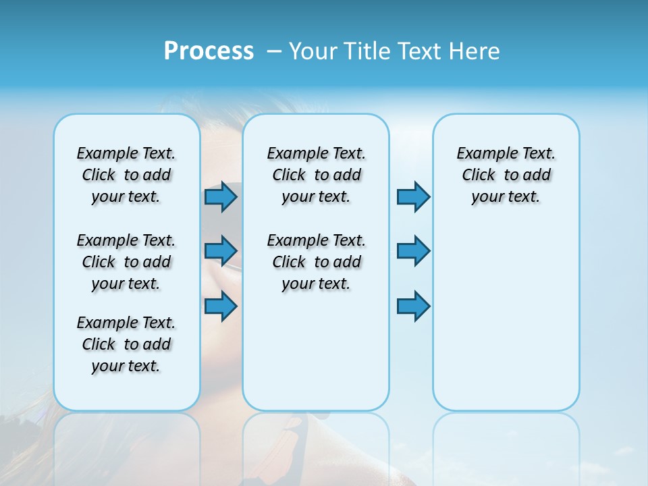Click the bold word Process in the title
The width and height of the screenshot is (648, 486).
209,51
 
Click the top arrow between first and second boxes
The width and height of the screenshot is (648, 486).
221,197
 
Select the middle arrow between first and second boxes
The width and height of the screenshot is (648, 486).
221,251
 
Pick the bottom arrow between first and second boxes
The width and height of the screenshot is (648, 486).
221,306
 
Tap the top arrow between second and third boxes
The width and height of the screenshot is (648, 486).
413,197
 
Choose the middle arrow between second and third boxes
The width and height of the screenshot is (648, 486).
413,251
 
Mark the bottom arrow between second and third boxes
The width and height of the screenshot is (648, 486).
413,306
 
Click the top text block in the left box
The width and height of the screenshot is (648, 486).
126,175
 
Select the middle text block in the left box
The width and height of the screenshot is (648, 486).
126,262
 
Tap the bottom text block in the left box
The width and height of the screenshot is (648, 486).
126,344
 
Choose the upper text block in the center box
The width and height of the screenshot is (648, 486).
316,175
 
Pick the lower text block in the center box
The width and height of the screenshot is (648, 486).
316,262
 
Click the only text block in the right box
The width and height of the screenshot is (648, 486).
506,175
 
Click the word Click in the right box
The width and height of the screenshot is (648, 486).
479,175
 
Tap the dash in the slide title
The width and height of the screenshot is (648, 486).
274,51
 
